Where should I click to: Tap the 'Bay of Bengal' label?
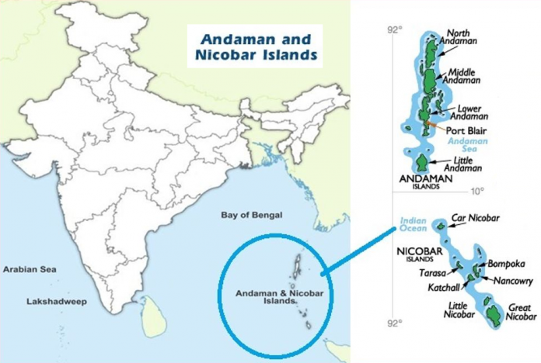(251, 215)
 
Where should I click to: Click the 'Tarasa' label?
(432, 273)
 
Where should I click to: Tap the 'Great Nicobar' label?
(522, 312)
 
